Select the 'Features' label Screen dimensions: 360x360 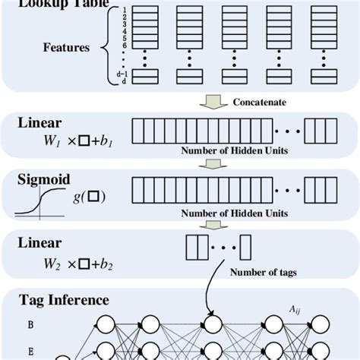(x=65, y=48)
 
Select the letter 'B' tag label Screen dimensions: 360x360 (x=30, y=323)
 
